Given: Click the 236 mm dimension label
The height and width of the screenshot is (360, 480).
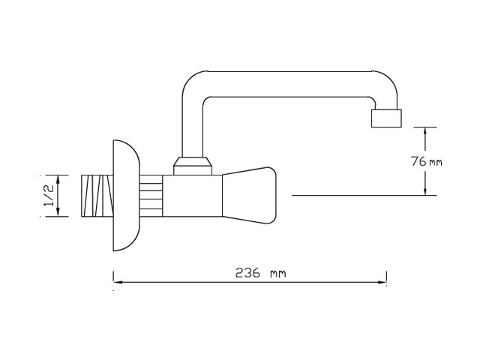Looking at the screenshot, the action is coord(260,273).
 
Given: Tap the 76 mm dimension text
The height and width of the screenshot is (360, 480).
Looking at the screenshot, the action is coord(427,161).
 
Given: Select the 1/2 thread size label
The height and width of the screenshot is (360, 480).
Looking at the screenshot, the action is coord(49,196).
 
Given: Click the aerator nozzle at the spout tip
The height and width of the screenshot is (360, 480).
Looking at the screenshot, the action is coord(386,118).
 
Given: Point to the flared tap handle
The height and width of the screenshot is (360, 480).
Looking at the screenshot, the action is coord(249,195).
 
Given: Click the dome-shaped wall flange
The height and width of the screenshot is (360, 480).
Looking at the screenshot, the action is coord(126,196).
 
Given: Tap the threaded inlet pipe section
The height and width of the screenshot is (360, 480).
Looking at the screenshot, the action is coord(97,196).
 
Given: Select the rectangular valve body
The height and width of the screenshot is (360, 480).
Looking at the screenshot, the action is coord(192,196).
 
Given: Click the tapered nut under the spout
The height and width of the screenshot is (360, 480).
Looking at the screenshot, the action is coord(193,166).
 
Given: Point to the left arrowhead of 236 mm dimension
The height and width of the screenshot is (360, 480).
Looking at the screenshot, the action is coord(118,282).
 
